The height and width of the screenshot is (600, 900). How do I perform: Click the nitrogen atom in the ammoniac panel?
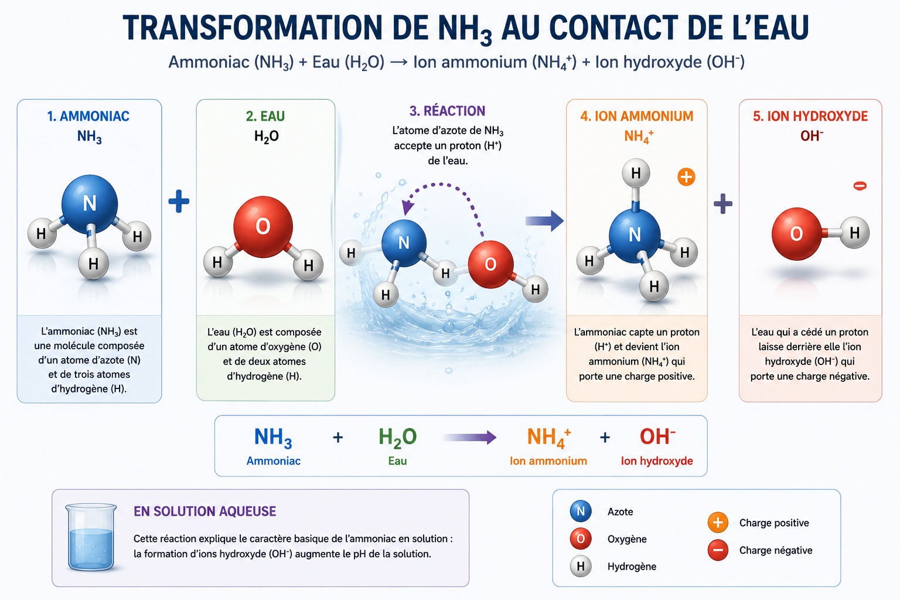coord(90,204)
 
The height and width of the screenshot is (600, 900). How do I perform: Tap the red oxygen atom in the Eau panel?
coord(263,227)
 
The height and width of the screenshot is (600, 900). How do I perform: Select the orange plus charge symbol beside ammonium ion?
coord(686,177)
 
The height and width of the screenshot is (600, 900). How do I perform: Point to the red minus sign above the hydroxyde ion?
coord(860,186)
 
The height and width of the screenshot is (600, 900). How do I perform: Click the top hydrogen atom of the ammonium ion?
coord(636,173)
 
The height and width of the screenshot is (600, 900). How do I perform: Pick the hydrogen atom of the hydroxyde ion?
coord(854,232)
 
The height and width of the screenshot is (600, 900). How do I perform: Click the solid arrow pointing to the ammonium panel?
coord(544,221)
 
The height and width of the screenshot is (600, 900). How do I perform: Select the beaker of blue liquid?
coord(91,537)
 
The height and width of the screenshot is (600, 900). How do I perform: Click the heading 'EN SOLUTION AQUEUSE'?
coord(205,511)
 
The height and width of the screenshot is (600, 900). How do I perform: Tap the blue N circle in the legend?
coord(581,511)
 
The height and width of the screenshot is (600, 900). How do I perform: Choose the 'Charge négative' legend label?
coord(776,550)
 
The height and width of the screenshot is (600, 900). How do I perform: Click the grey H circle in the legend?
coord(581,566)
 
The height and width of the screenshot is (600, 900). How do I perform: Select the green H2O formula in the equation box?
coord(397,438)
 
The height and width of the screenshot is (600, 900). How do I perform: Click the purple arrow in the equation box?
coord(470,437)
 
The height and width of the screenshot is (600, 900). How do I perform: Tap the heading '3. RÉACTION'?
coord(447,111)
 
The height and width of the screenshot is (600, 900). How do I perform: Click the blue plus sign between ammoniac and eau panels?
coord(179,201)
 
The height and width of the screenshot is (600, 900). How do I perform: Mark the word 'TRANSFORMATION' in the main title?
coord(253,28)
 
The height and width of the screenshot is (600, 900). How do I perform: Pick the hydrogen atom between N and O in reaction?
coord(445,273)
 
